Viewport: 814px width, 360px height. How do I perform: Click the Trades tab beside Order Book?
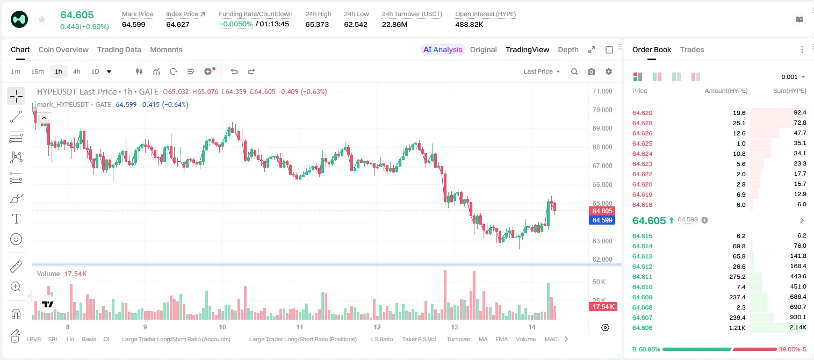coord(691,49)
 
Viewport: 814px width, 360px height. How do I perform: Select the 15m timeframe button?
coord(37,71)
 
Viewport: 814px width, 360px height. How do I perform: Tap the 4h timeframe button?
coord(76,71)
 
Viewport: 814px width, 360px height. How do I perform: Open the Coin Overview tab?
coord(63,49)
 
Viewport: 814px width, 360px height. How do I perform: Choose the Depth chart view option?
coord(568,49)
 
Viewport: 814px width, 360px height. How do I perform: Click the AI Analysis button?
coord(443,49)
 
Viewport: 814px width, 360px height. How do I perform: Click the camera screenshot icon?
coord(592,71)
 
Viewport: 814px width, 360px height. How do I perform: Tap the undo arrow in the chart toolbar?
coord(234,71)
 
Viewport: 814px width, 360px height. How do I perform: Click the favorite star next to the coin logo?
coord(42,19)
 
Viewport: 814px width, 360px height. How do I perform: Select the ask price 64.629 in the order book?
coord(642,113)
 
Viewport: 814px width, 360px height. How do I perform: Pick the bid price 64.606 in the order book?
coord(642,328)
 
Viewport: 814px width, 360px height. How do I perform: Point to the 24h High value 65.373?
coord(317,24)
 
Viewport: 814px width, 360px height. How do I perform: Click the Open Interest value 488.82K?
coord(469,24)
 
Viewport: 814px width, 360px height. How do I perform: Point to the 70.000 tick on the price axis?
coord(602,110)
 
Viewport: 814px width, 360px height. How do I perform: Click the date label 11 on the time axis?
coord(299,327)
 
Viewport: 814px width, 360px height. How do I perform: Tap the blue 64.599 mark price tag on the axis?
coord(602,220)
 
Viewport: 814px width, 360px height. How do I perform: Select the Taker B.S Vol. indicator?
coord(419,339)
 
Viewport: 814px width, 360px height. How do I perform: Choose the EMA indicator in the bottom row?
coord(501,339)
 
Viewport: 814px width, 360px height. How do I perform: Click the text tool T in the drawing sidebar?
coord(16,219)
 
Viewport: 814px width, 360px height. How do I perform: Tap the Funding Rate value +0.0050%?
coord(235,24)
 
